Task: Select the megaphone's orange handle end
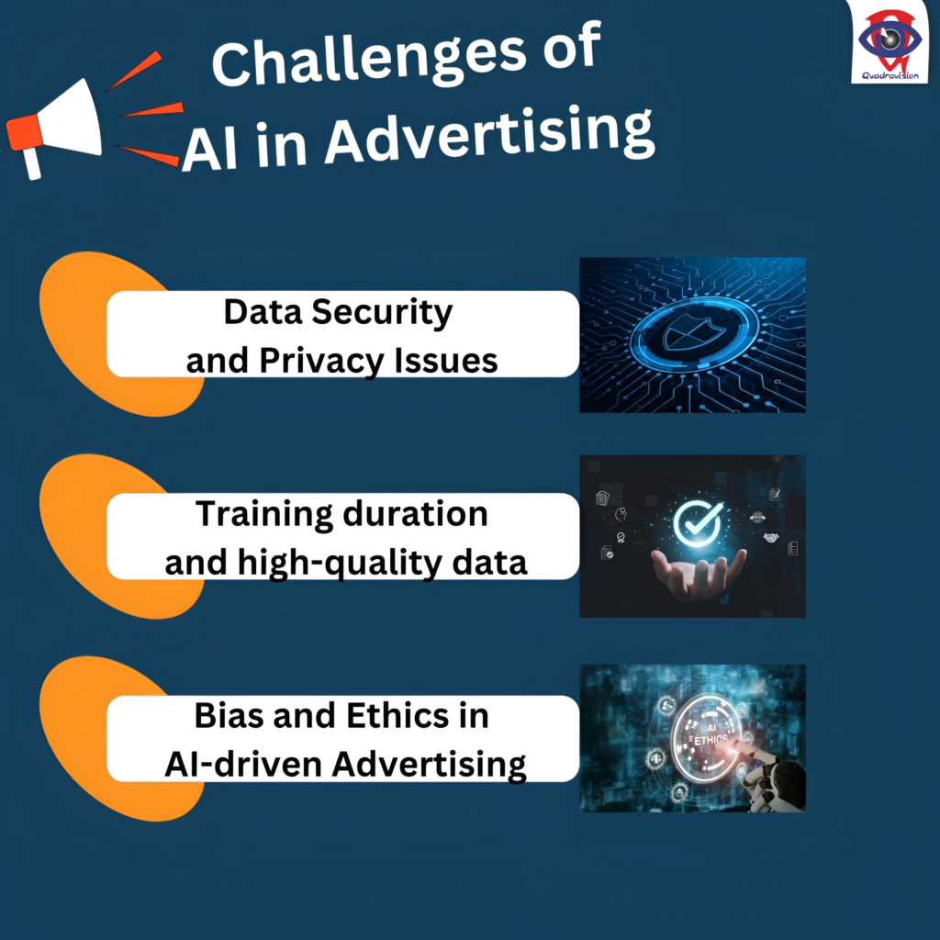pyautogui.click(x=24, y=134)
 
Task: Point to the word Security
pyautogui.click(x=382, y=312)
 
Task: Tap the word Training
pyautogui.click(x=264, y=515)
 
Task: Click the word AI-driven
pyautogui.click(x=243, y=765)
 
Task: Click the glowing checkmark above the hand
pyautogui.click(x=698, y=521)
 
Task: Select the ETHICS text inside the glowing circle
pyautogui.click(x=711, y=740)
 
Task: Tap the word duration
pyautogui.click(x=416, y=514)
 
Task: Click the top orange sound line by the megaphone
pyautogui.click(x=134, y=72)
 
